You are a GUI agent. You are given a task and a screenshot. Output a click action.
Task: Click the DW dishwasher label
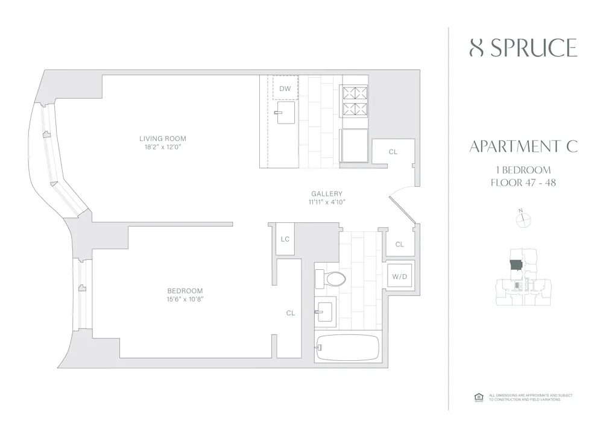285,89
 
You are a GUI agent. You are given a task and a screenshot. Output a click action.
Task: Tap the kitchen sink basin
285,112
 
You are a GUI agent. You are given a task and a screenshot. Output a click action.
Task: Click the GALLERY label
327,193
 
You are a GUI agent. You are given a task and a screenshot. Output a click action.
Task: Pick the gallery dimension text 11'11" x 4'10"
327,202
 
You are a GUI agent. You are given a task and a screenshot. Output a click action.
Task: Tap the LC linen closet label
285,239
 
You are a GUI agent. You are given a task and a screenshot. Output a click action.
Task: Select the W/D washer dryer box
399,277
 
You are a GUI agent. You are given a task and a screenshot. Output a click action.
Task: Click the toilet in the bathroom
331,278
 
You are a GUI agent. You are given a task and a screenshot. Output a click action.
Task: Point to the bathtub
347,348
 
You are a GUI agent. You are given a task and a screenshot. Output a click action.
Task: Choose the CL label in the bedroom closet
290,313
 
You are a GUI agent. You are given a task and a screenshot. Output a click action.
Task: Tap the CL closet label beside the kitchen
393,152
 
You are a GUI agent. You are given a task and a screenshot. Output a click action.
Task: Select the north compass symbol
522,220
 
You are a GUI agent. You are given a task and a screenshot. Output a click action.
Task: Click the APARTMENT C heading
523,146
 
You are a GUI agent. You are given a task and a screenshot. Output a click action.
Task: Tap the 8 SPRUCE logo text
523,48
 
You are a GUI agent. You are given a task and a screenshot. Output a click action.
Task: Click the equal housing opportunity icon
479,397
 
